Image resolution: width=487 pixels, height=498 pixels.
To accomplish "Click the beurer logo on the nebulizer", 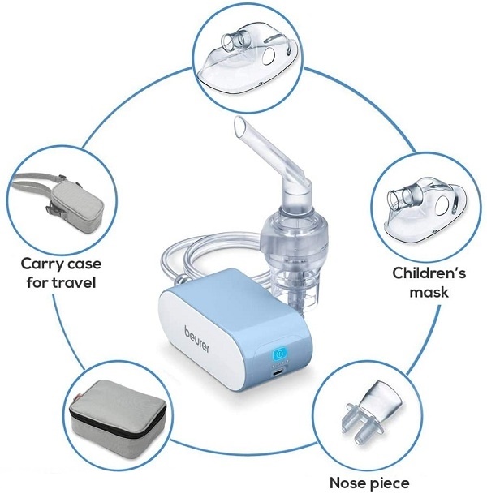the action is click(x=196, y=339).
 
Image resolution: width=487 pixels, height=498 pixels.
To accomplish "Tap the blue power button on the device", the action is click(x=279, y=353).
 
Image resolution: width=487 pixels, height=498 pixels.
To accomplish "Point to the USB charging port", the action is click(x=278, y=373).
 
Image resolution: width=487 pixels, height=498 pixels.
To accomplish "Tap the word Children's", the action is click(x=429, y=273).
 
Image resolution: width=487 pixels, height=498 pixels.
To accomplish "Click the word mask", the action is click(x=429, y=291).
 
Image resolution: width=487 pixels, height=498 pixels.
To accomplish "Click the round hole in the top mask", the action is click(x=269, y=56).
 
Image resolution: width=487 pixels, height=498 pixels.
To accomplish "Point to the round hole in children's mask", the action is click(x=442, y=204).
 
